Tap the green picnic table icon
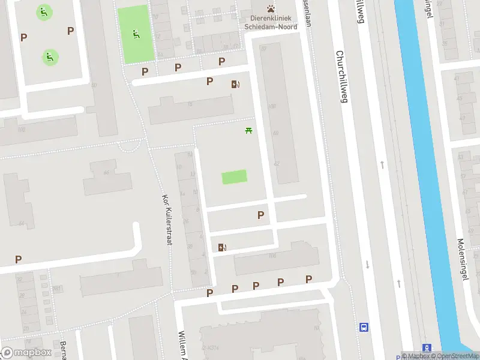[249, 130]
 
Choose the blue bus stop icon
[364, 327]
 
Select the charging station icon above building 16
[235, 85]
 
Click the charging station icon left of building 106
[223, 247]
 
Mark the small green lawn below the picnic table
[234, 177]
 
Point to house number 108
[271, 106]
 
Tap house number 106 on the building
[273, 256]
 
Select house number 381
[58, 289]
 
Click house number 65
[106, 173]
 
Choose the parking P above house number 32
[19, 259]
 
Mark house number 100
[22, 130]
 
